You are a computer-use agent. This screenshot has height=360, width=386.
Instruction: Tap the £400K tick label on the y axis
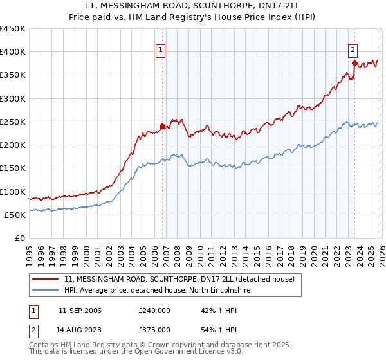13,52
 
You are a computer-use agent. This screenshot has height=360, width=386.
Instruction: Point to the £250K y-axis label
13,122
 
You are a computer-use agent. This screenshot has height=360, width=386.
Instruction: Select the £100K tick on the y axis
13,192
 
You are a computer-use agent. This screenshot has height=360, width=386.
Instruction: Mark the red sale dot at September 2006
162,127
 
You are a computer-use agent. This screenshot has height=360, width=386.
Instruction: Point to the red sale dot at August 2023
354,64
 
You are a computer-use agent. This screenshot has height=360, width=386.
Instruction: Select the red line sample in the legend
46,279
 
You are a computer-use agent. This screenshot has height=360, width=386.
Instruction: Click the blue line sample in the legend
46,291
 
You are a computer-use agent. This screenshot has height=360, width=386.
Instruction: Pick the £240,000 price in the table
154,311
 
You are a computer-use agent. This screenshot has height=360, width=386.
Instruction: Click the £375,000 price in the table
154,330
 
